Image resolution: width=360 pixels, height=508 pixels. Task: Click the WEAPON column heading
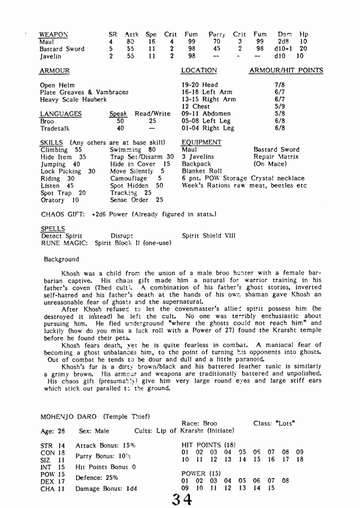(54, 34)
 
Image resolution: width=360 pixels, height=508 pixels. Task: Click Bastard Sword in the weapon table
(62, 49)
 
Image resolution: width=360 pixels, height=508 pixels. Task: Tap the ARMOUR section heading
(54, 71)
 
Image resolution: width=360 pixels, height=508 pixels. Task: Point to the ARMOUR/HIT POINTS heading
(286, 71)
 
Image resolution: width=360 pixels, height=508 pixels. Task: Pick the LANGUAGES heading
(61, 114)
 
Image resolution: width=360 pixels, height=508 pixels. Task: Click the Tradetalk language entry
(54, 128)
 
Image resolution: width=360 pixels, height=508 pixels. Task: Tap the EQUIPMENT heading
(202, 142)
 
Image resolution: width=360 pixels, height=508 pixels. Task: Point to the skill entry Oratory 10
(60, 200)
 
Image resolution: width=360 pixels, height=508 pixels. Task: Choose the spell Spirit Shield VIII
(208, 236)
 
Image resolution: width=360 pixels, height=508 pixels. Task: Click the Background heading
(61, 259)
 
